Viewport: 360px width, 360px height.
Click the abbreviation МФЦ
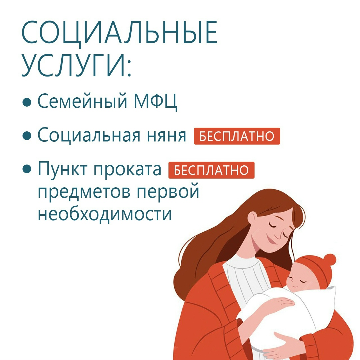click(155, 101)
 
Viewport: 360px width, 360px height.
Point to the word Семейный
click(82, 101)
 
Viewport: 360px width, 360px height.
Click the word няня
click(166, 136)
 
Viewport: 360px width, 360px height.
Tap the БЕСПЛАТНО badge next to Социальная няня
click(237, 136)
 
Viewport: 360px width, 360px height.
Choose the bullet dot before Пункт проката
click(27, 169)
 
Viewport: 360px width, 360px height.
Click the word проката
click(128, 170)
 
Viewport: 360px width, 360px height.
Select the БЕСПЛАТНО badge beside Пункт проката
click(211, 170)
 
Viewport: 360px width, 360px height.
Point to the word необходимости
click(105, 212)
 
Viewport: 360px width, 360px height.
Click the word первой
click(168, 192)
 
